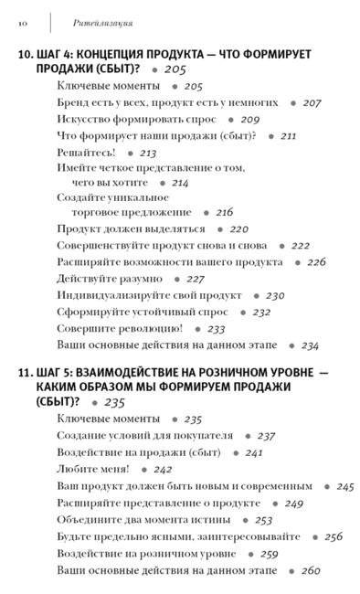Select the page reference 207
[312, 103]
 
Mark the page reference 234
[309, 346]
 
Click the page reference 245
[344, 486]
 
